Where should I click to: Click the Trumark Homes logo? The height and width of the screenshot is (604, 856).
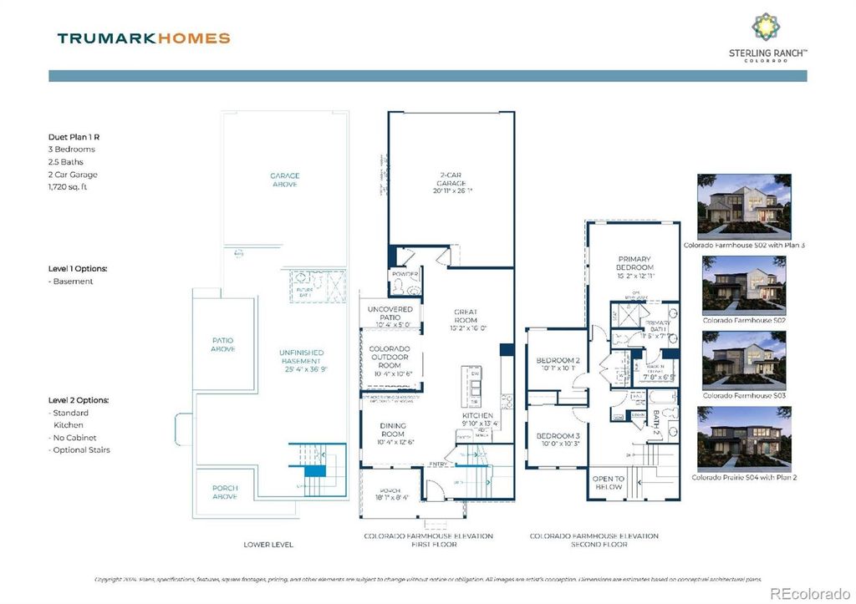(x=143, y=38)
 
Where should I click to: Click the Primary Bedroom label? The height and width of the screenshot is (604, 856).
(x=634, y=263)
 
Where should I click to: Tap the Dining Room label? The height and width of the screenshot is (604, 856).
(x=394, y=430)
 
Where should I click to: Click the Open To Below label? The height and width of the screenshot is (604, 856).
(x=608, y=482)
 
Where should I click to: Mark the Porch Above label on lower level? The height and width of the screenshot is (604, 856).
(x=224, y=492)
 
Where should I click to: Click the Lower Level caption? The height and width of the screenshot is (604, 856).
(x=268, y=544)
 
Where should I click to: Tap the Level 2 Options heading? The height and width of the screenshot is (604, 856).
(x=78, y=400)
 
